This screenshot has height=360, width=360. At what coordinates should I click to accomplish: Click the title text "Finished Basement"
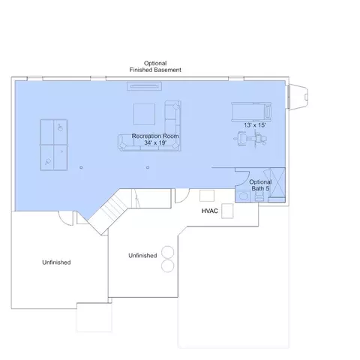tap(155, 70)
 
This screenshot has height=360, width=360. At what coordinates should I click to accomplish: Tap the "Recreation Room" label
tap(155, 136)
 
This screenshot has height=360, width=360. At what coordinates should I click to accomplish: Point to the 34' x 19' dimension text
tap(155, 142)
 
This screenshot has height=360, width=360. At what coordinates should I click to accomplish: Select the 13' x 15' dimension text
tap(255, 125)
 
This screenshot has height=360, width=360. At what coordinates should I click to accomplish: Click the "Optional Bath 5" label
tap(260, 185)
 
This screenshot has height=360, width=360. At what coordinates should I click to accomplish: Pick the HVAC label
tap(210, 211)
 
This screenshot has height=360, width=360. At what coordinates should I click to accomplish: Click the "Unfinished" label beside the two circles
tap(142, 256)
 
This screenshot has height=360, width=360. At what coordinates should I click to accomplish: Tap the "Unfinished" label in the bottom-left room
tap(56, 262)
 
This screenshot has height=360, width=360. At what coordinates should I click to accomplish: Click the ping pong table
tap(54, 145)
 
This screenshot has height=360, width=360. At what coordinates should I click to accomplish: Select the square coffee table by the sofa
tap(144, 114)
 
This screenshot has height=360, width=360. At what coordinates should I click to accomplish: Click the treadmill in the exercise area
tap(251, 112)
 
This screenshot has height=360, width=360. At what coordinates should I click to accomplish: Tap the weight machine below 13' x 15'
tap(250, 139)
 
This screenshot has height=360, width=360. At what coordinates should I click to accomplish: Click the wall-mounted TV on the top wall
tap(144, 86)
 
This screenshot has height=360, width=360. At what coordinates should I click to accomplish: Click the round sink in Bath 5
tap(243, 196)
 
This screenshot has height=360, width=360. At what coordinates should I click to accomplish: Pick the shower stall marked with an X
tap(277, 182)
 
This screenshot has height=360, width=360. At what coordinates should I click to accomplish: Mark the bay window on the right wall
tap(298, 97)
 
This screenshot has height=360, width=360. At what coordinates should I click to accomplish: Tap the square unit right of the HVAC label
tap(227, 211)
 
